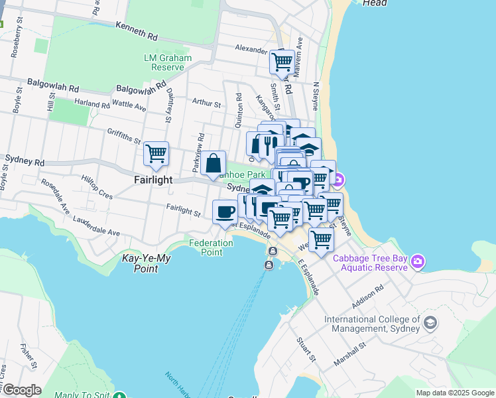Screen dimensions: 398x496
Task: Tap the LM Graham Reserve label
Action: click(x=168, y=62)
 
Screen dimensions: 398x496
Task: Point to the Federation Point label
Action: click(x=211, y=247)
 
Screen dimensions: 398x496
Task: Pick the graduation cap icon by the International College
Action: click(x=430, y=323)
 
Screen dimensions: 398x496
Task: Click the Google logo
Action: click(x=23, y=389)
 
